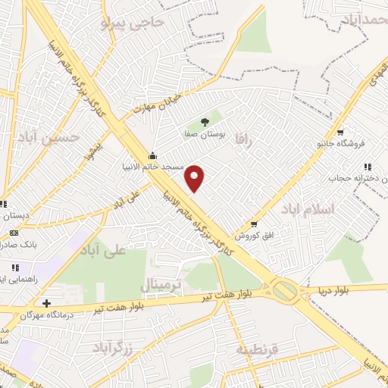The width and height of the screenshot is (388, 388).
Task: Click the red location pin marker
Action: coord(195,178)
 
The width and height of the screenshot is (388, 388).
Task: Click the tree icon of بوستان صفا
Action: coord(204,121)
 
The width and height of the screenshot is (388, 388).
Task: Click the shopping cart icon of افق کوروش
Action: coord(254,224)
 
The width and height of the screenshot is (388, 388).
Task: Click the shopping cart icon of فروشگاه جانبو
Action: coord(340,132)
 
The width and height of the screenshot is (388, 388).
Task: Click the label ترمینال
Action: coord(161,285)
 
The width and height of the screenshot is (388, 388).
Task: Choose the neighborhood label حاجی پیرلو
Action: coord(133,23)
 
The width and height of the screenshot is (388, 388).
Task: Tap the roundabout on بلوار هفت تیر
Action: coord(286,289)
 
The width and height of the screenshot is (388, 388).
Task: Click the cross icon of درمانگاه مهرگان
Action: coord(47,303)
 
